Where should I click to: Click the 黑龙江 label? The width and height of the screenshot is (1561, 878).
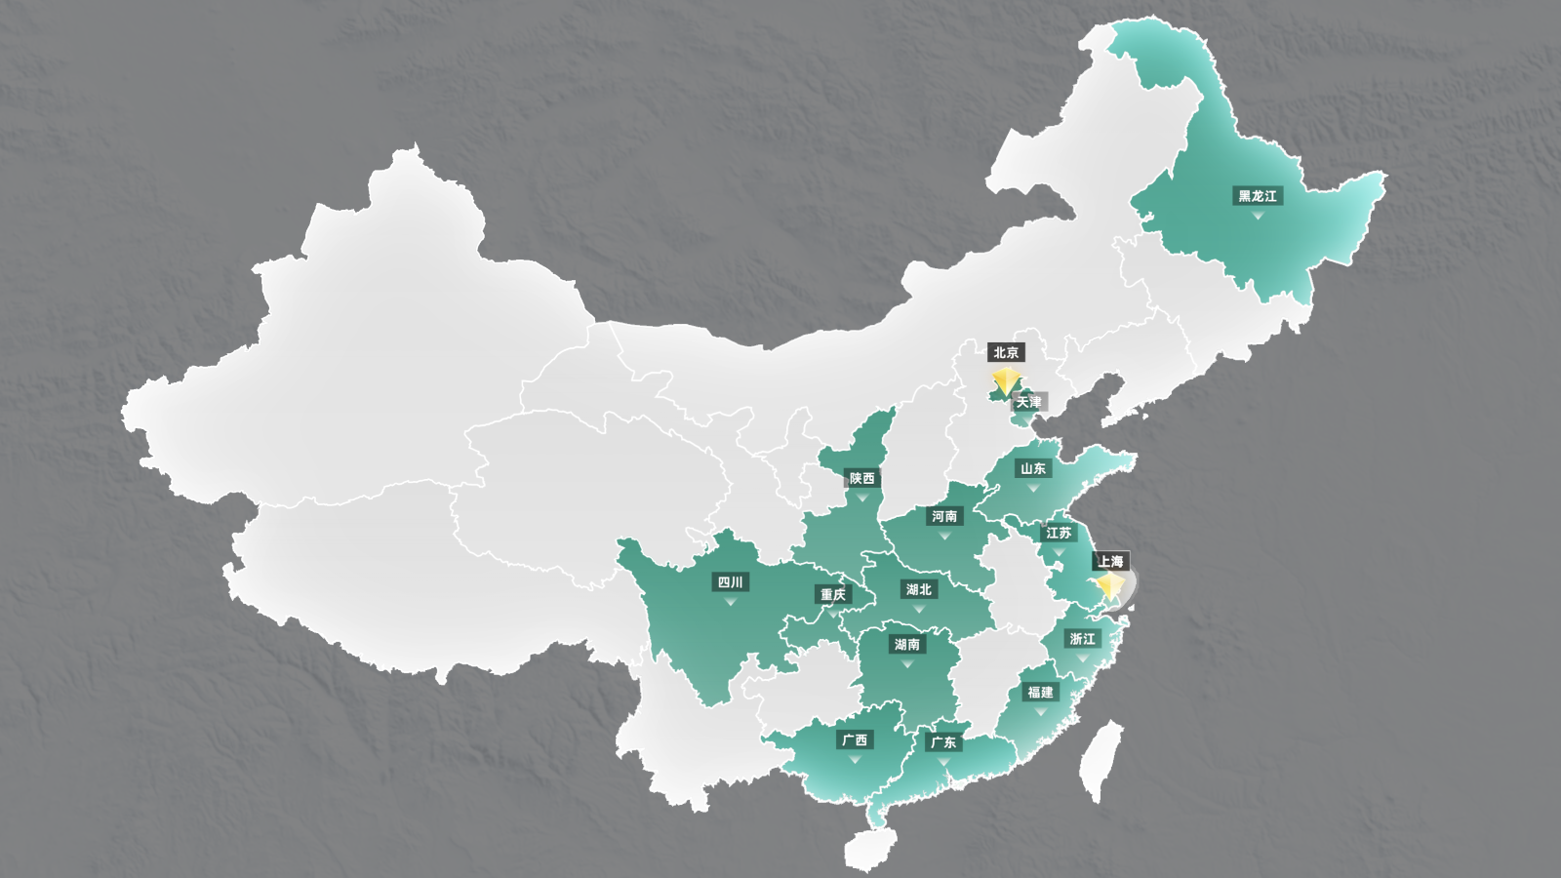(1258, 196)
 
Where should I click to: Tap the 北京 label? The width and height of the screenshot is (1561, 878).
(1006, 352)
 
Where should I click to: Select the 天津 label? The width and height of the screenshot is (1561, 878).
(1028, 402)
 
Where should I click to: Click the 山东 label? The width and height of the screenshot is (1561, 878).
(1033, 468)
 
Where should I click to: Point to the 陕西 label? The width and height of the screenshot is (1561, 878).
(861, 478)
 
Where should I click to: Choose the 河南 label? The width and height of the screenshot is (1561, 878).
(943, 516)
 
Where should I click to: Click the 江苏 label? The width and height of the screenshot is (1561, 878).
(1059, 533)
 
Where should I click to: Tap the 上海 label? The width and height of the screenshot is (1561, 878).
(1110, 561)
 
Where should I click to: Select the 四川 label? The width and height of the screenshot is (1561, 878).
(730, 582)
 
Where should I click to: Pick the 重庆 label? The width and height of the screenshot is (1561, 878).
(833, 594)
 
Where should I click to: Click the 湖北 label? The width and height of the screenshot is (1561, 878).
(918, 589)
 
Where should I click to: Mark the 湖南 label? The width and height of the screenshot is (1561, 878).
(906, 645)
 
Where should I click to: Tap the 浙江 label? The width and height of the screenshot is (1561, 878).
(1082, 639)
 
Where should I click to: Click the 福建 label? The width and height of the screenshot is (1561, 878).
(1040, 692)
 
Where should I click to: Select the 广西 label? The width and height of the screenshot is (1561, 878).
(855, 740)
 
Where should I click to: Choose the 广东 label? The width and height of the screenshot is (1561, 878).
(942, 742)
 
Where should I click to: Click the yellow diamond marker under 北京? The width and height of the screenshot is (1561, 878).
(1006, 380)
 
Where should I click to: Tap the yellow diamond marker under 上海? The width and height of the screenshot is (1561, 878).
(1110, 585)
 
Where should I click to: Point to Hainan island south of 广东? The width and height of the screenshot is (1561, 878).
(865, 849)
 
